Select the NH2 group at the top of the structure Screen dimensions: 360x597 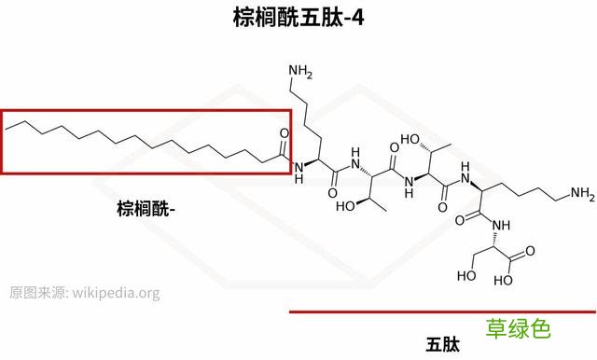pos(300,69)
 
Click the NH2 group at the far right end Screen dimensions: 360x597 pos(582,194)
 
